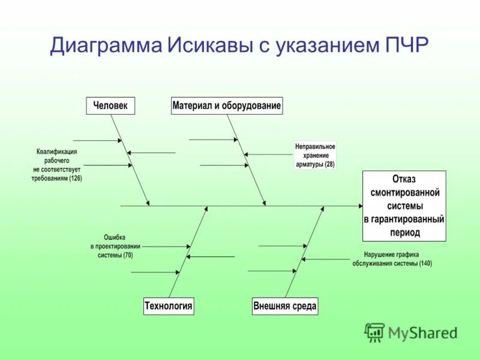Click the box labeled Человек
pyautogui.click(x=110, y=106)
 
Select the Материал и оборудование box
pyautogui.click(x=226, y=106)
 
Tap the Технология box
pyautogui.click(x=168, y=306)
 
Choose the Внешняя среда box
pyautogui.click(x=284, y=306)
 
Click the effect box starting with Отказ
pyautogui.click(x=404, y=206)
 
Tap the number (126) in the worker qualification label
pyautogui.click(x=76, y=178)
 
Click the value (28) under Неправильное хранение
pyautogui.click(x=329, y=164)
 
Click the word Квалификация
pyautogui.click(x=56, y=152)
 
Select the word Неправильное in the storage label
pyautogui.click(x=316, y=146)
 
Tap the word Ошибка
pyautogui.click(x=115, y=237)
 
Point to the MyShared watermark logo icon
pyautogui.click(x=375, y=332)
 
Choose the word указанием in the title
pyautogui.click(x=317, y=46)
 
